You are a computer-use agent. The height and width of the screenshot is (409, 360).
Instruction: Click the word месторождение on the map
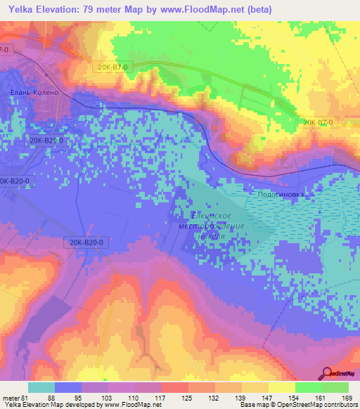point(211,226)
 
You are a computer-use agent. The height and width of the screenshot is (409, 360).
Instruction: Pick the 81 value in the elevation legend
point(23,398)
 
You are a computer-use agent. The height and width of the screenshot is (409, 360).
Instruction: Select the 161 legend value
point(326,398)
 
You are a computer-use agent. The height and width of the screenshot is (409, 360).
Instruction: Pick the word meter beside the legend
point(9,398)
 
